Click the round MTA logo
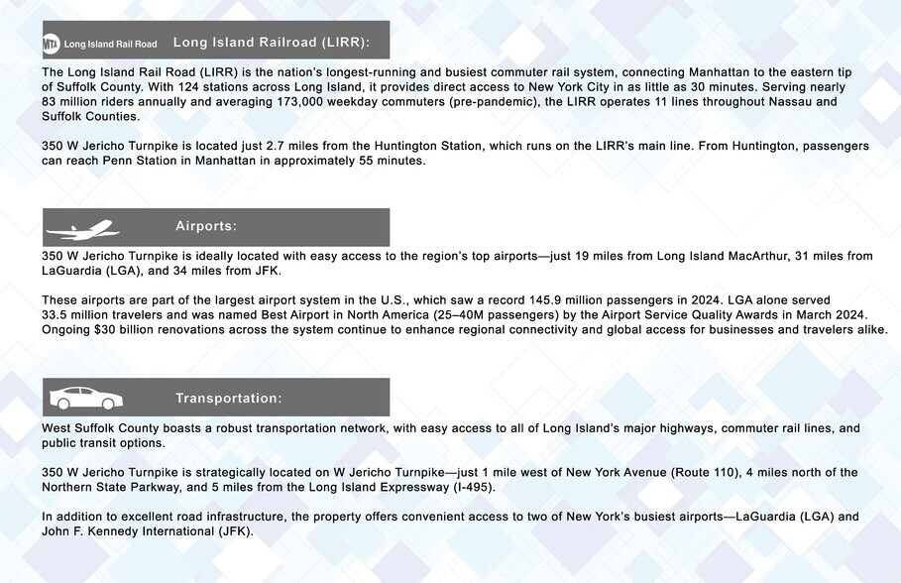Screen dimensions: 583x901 click(x=52, y=44)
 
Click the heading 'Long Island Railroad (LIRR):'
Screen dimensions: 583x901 click(x=271, y=43)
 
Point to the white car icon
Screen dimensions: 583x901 click(x=85, y=398)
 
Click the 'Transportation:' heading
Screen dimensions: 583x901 click(x=229, y=398)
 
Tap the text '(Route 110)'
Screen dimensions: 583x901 click(x=709, y=472)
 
